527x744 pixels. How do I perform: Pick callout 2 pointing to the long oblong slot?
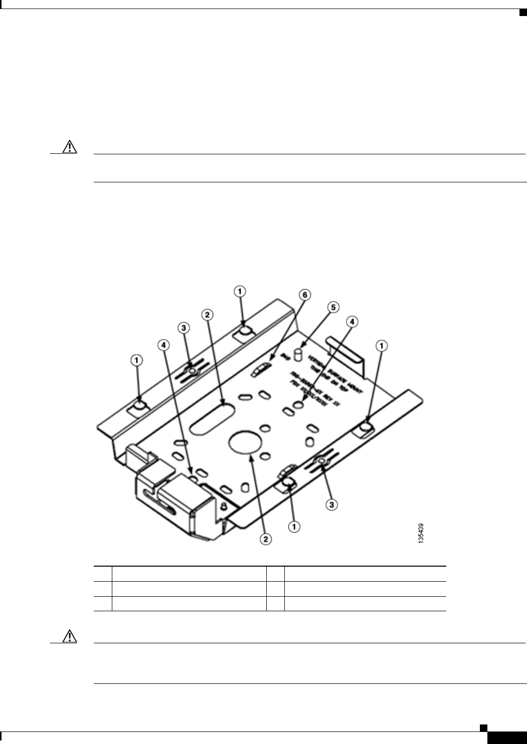(x=206, y=315)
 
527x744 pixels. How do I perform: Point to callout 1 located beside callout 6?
(x=240, y=291)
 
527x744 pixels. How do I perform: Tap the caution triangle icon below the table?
(x=70, y=636)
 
